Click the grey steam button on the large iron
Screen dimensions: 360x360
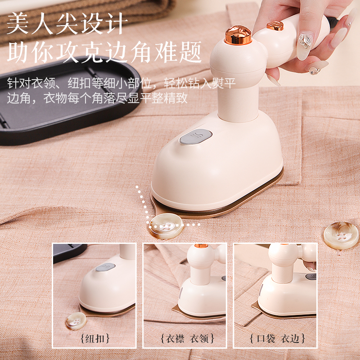point(196,137)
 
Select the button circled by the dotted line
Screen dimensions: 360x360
point(166,226)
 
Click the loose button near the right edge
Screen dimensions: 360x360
point(341,235)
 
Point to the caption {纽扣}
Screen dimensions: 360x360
point(95,338)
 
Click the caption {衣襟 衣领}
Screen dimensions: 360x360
point(187,338)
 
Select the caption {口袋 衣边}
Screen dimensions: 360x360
point(277,338)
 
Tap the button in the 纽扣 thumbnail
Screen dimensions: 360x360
point(76,321)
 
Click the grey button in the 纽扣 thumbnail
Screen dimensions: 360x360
point(105,267)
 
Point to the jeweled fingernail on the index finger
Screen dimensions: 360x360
point(306,41)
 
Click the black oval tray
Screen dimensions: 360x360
point(67,101)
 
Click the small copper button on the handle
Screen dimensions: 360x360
point(275,26)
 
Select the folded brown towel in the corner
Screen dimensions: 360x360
point(85,18)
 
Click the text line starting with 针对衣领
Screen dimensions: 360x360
point(121,83)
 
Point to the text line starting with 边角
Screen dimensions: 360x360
point(97,98)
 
